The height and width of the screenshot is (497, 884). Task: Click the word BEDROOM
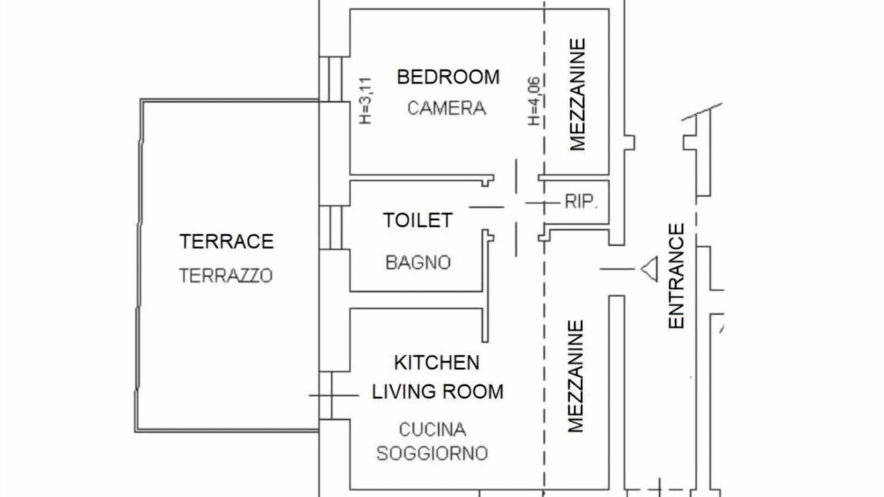(x=448, y=77)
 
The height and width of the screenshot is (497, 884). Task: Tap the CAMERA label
(x=446, y=108)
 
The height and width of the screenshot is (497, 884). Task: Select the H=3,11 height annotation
(x=365, y=101)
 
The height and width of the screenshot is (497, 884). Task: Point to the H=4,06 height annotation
(x=534, y=101)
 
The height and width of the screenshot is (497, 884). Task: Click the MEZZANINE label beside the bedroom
(x=577, y=95)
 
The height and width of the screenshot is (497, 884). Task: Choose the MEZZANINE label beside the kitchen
(x=575, y=376)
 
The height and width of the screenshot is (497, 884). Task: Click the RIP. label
(x=581, y=202)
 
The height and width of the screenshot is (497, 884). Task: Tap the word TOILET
(x=418, y=220)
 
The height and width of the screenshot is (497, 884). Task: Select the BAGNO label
(x=418, y=263)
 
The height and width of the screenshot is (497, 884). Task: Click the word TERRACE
(x=227, y=242)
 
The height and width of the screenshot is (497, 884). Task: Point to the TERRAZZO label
(x=226, y=275)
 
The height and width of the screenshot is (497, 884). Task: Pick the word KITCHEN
(x=437, y=362)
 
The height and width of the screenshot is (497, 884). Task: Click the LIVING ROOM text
(x=438, y=391)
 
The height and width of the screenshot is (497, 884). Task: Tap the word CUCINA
(x=432, y=429)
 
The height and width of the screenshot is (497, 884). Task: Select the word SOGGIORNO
(x=432, y=454)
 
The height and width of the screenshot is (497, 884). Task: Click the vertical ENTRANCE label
(x=676, y=276)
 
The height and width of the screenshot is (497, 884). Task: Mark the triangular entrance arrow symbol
(x=649, y=269)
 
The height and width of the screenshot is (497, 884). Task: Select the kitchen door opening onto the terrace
(x=326, y=396)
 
